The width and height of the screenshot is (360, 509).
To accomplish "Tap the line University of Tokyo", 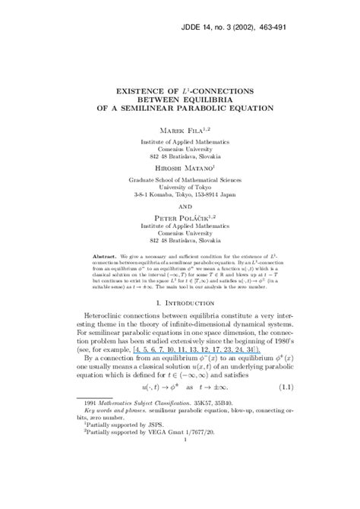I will point(180,186).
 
